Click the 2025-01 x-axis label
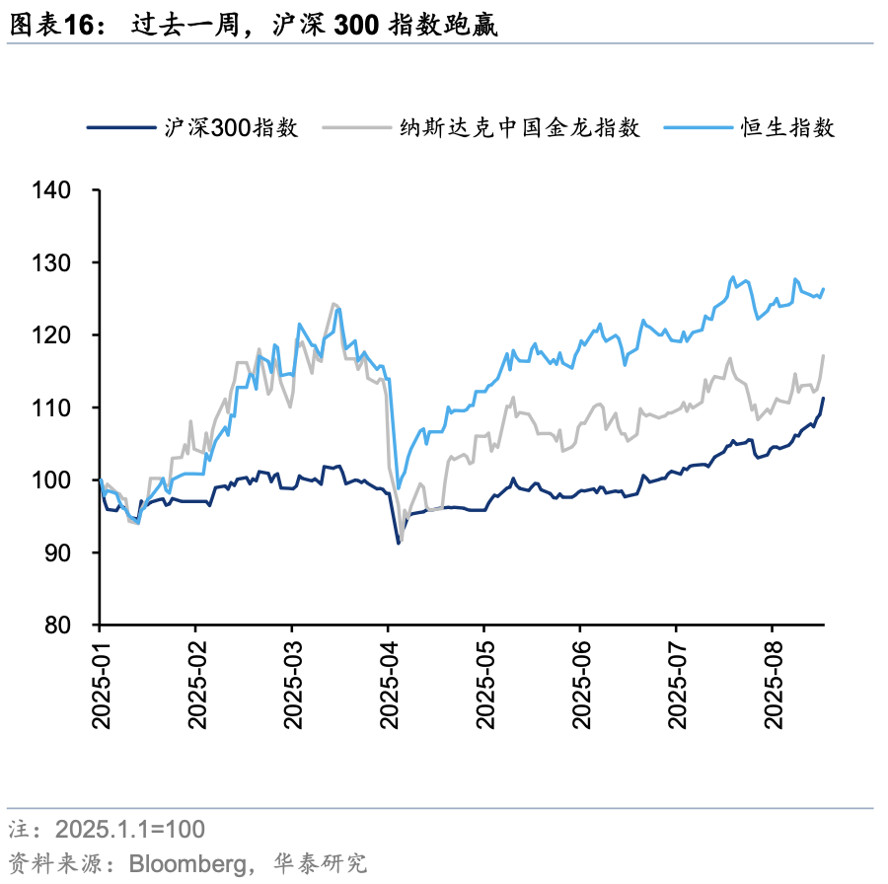tap(100, 682)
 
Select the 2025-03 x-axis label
tap(292, 682)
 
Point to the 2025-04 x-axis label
tap(388, 682)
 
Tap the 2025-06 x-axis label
tap(580, 682)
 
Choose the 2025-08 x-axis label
tap(773, 682)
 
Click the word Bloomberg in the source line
tap(188, 863)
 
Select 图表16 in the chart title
tap(51, 26)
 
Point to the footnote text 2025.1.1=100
tap(130, 828)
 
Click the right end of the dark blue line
tap(823, 399)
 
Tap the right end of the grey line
tap(823, 355)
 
